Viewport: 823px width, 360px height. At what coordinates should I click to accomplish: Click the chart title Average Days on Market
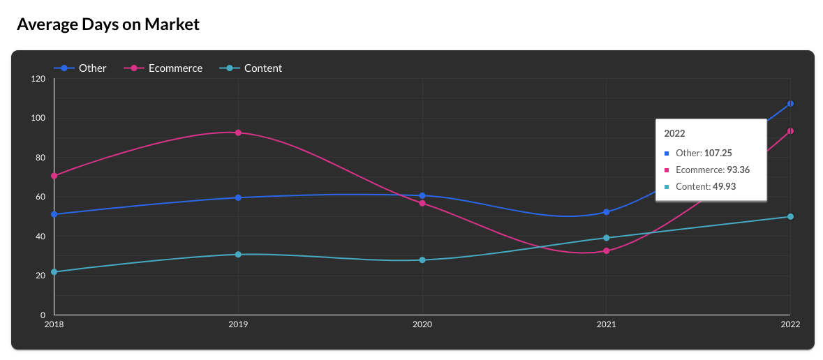pos(108,24)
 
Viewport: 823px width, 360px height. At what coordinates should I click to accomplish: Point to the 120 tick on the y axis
pos(38,79)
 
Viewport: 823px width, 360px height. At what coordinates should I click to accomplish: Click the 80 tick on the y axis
pos(40,158)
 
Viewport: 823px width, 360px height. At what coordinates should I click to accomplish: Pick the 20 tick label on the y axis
pos(40,276)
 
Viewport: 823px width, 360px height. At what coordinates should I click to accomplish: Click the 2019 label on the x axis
pos(238,324)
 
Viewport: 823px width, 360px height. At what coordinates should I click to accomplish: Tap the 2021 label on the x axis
pos(606,324)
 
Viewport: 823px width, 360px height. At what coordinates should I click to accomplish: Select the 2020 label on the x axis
pos(422,324)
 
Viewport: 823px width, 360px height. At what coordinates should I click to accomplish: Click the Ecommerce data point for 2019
pos(238,133)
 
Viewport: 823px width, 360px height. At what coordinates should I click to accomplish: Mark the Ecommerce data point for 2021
pos(607,251)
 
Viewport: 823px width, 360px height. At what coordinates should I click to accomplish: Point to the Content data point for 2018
pos(54,272)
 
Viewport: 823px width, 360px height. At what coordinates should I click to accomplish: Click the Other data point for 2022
pos(790,104)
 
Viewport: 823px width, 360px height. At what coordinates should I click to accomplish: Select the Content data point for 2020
pos(422,260)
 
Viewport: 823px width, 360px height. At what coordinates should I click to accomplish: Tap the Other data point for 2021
pos(607,212)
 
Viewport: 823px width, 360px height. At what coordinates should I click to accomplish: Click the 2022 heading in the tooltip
pos(674,133)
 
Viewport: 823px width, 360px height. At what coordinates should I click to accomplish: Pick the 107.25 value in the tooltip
pos(718,153)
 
